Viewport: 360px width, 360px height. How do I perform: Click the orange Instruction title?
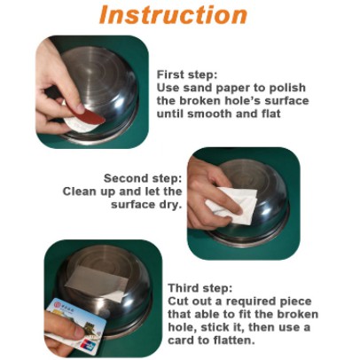coord(173,14)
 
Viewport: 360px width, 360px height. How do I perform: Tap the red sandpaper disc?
coord(91,116)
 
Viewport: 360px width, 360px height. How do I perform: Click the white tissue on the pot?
coord(233,205)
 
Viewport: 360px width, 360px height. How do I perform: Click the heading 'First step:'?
coord(187,74)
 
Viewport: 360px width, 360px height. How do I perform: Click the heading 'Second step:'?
coord(143,178)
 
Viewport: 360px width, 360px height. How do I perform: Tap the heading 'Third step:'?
coord(200,288)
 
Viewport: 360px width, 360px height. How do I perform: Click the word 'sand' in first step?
coord(198,88)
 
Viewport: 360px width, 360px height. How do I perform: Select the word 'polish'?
coord(287,88)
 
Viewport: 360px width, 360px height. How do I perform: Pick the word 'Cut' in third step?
coord(178,301)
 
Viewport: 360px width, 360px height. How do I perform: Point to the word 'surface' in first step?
coord(286,101)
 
